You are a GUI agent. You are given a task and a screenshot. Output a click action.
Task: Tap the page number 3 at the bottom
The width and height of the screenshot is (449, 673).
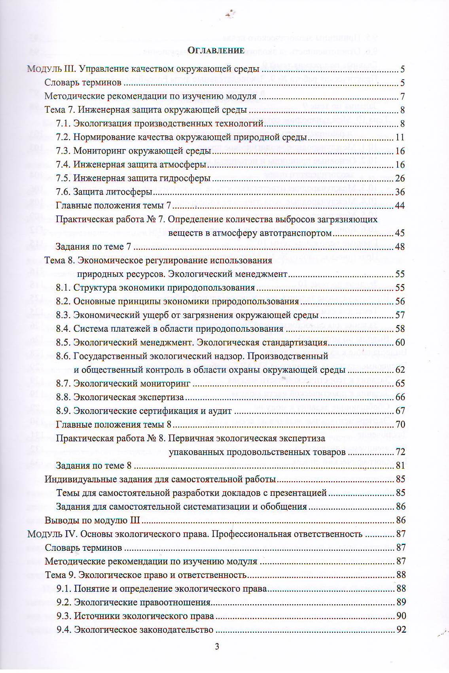(216, 647)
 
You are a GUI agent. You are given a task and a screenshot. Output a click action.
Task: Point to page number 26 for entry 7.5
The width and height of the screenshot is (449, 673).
(400, 178)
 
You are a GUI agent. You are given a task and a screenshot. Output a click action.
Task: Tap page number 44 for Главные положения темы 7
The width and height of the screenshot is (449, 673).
(400, 206)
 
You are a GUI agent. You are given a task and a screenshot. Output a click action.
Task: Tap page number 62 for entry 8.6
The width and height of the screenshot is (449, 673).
(400, 370)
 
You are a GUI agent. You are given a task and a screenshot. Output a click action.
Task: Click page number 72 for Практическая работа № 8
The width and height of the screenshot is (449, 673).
(400, 452)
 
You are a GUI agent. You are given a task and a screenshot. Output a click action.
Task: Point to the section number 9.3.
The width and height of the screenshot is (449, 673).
(64, 616)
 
